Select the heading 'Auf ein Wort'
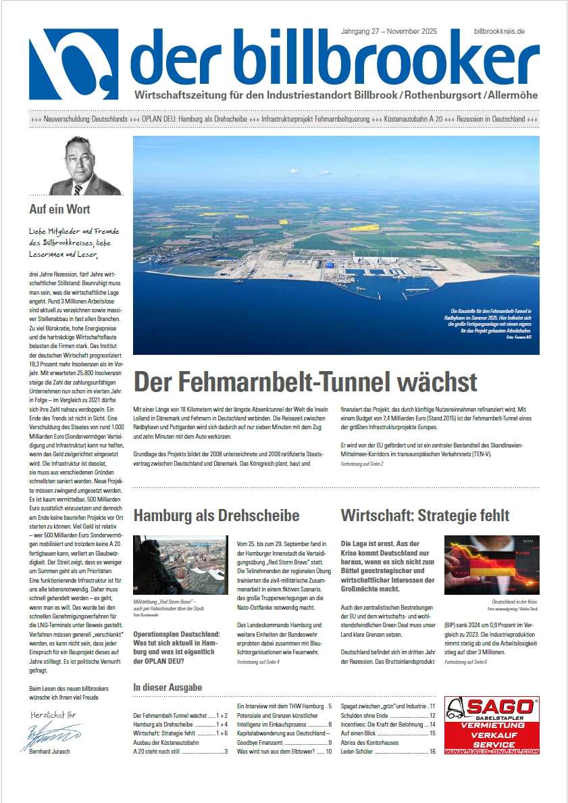click(x=60, y=210)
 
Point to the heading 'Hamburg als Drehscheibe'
click(x=216, y=516)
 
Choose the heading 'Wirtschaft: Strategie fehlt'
click(x=425, y=516)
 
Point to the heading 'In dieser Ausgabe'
click(x=167, y=687)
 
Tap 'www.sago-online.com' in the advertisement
click(x=491, y=750)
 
